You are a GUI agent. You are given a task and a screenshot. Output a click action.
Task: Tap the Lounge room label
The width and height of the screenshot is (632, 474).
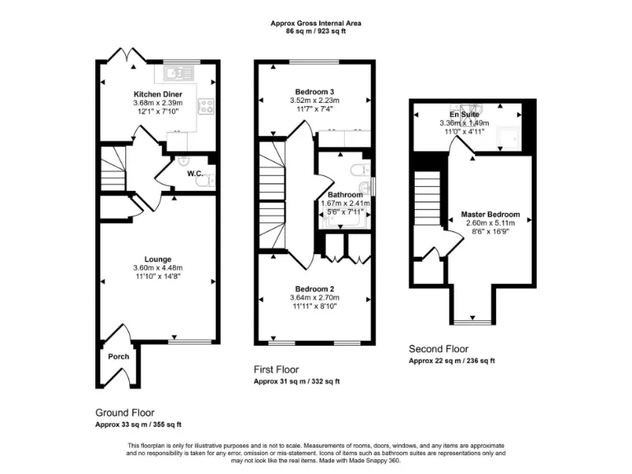157,259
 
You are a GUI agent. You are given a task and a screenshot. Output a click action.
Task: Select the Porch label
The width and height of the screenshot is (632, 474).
118,357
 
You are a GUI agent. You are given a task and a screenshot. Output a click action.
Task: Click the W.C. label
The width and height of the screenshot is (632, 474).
195,174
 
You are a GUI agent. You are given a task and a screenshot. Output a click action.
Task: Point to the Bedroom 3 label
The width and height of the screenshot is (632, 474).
314,91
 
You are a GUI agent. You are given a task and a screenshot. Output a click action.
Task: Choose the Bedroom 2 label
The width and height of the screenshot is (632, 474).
314,289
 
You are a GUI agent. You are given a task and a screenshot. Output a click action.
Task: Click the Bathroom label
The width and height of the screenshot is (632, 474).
345,195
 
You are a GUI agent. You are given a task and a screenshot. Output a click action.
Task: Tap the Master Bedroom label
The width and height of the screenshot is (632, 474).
490,215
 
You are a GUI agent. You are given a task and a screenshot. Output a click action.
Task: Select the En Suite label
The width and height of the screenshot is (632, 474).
464,114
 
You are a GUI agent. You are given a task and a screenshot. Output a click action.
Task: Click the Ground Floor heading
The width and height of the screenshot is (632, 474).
125,412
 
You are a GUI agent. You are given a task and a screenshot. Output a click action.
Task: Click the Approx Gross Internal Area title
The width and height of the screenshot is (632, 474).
316,23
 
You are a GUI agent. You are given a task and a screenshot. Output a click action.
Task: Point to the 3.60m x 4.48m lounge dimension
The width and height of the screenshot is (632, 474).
157,268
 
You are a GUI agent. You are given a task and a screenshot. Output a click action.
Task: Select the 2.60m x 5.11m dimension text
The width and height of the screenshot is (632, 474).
490,224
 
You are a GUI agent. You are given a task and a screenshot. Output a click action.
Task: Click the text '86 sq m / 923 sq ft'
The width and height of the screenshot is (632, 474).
316,31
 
